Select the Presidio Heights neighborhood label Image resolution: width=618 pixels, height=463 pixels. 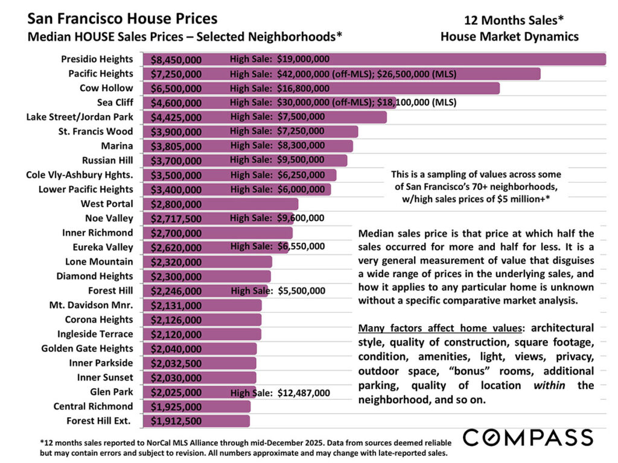[97, 59]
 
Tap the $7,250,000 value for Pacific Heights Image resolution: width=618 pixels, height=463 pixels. [176, 74]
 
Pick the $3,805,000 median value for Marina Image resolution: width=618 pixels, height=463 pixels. [176, 146]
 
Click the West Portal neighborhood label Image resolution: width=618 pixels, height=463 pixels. [107, 204]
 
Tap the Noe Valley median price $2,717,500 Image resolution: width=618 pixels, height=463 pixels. [176, 219]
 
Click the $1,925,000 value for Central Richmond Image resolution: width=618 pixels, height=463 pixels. [176, 407]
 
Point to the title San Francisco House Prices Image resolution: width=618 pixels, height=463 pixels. [123, 19]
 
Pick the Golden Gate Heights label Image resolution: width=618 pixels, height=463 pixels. [87, 348]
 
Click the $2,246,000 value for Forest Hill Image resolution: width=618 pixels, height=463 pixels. [176, 291]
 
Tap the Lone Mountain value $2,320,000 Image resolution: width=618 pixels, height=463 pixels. [176, 262]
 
